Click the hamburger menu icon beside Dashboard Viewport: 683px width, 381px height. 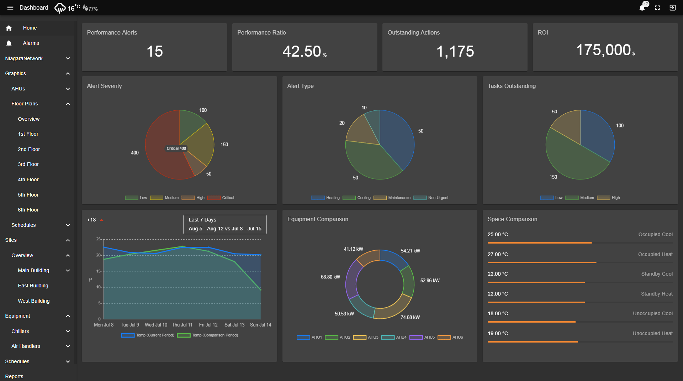coord(10,7)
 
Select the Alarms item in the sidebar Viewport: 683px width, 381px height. coord(31,43)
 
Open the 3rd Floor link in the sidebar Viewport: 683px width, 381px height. coord(28,164)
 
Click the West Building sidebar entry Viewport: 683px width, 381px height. coord(33,301)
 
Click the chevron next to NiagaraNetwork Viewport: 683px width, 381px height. coord(68,58)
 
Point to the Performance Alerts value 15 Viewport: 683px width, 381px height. coord(154,51)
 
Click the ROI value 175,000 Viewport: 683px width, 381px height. coord(603,50)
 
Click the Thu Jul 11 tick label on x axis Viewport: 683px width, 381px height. coord(182,325)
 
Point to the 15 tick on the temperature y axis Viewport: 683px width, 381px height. coord(99,271)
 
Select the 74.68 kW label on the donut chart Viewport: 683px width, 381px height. coord(410,317)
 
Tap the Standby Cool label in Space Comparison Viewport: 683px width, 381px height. coord(657,274)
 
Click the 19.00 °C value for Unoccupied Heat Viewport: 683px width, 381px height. coord(498,333)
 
